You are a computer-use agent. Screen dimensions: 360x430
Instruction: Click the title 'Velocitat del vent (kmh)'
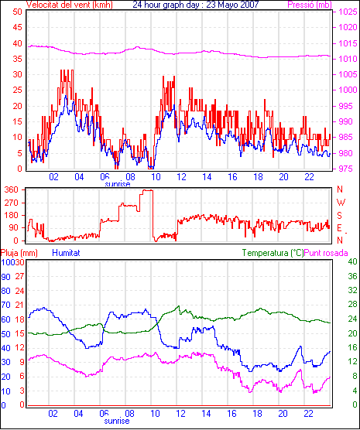(x=69, y=5)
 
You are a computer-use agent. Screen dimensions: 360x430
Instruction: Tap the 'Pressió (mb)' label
(x=310, y=5)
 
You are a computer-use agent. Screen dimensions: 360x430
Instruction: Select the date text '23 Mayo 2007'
(x=232, y=5)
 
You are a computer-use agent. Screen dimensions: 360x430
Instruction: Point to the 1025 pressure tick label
(x=348, y=12)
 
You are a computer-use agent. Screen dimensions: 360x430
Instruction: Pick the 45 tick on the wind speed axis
(x=17, y=27)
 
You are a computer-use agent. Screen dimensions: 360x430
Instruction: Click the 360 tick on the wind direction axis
(x=12, y=189)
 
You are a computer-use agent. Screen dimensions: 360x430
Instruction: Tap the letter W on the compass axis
(x=341, y=203)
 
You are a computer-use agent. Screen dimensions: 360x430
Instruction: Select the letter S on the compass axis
(x=340, y=216)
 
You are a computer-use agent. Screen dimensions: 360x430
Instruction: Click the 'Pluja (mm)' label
(x=19, y=253)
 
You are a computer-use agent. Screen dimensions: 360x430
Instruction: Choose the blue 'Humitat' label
(x=66, y=253)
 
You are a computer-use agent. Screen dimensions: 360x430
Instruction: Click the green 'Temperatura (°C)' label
(x=273, y=253)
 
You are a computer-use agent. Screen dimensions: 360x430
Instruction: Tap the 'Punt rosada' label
(x=326, y=253)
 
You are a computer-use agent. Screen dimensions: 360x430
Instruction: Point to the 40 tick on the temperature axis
(x=352, y=261)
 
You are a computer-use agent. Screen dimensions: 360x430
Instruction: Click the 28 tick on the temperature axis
(x=352, y=305)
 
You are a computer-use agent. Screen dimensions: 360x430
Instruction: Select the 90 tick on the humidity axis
(x=5, y=277)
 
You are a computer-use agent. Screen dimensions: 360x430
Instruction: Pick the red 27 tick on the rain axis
(x=19, y=276)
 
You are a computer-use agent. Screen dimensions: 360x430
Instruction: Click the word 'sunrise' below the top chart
(x=118, y=184)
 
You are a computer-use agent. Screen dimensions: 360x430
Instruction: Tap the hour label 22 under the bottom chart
(x=308, y=413)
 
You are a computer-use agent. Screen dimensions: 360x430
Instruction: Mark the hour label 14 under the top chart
(x=207, y=177)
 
